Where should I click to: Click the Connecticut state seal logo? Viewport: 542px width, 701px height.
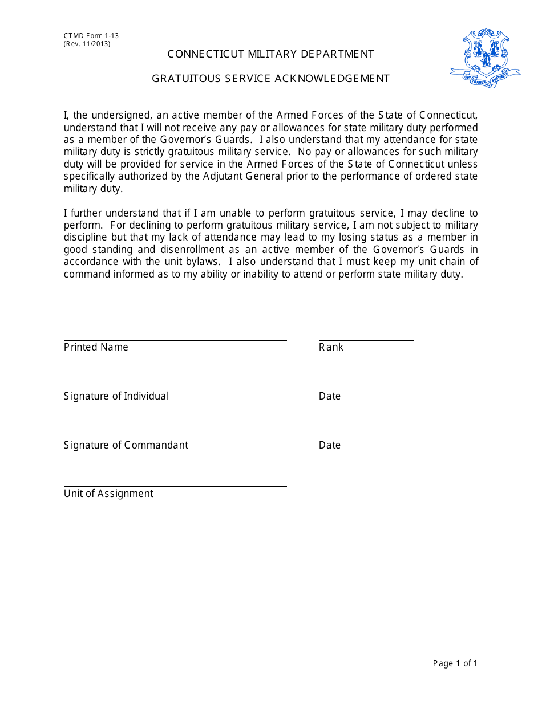tap(485, 58)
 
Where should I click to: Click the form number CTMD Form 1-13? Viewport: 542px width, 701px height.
tap(91, 36)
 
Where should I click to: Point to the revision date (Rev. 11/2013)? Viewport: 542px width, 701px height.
tap(87, 44)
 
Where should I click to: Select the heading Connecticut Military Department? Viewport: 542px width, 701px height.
tap(270, 54)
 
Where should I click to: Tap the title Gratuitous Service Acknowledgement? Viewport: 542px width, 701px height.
tap(270, 79)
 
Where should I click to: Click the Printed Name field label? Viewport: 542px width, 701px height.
tap(96, 347)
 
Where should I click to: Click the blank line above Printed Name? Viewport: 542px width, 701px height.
tap(175, 340)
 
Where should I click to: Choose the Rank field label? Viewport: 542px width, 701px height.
tap(331, 347)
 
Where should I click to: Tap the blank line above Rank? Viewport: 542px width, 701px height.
tap(366, 340)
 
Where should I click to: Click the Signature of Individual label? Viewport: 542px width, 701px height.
tap(116, 396)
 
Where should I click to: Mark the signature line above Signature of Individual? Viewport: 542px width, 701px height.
tap(175, 389)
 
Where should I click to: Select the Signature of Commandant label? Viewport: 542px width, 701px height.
tap(126, 445)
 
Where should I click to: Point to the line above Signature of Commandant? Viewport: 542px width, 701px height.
tap(175, 438)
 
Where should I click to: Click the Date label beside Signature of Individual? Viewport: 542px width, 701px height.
tap(330, 396)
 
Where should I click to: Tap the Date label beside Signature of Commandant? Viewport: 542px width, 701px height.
tap(330, 445)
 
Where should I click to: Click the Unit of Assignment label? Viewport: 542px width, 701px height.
tap(108, 494)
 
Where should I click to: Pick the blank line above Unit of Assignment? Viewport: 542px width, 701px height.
tap(175, 487)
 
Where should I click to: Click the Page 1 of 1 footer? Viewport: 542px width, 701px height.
tap(455, 663)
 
